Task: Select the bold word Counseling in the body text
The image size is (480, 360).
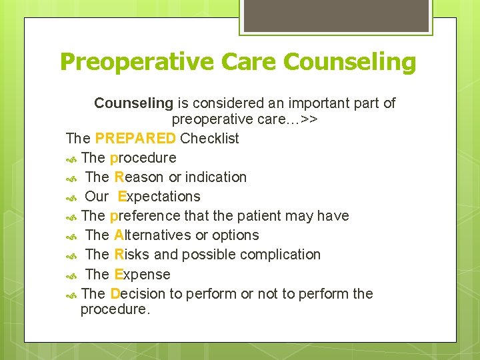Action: coord(133,103)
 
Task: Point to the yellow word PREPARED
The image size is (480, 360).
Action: coord(135,139)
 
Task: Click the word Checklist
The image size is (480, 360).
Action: coord(209,139)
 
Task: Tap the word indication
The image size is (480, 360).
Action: coord(216,177)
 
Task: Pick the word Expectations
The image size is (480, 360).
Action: coord(159,197)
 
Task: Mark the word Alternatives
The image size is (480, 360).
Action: coord(153,235)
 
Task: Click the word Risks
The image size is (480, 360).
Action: coord(132,255)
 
